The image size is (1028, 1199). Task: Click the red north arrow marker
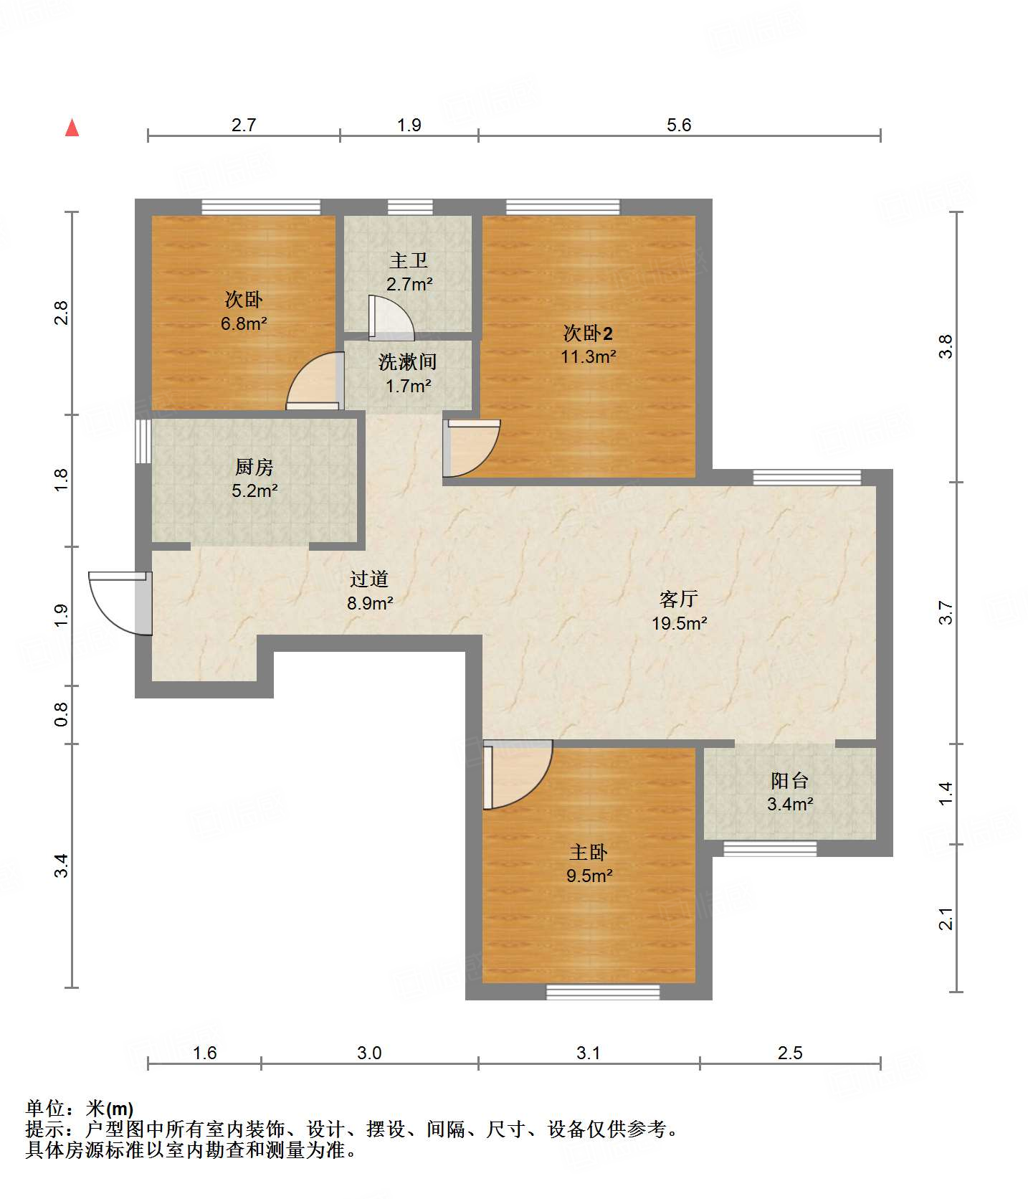pyautogui.click(x=72, y=128)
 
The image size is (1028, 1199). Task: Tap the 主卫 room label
pyautogui.click(x=409, y=260)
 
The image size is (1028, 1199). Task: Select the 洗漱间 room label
pyautogui.click(x=407, y=362)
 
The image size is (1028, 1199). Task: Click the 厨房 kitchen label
pyautogui.click(x=254, y=467)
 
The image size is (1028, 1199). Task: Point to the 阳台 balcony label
pyautogui.click(x=789, y=780)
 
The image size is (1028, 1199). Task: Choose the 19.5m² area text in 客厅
pyautogui.click(x=679, y=623)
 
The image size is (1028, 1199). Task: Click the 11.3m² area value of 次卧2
pyautogui.click(x=588, y=356)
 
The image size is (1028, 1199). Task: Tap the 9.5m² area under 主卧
pyautogui.click(x=589, y=876)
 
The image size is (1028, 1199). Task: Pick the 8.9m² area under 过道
pyautogui.click(x=369, y=603)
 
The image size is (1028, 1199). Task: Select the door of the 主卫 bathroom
pyautogui.click(x=391, y=318)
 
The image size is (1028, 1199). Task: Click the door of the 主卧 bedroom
pyautogui.click(x=517, y=774)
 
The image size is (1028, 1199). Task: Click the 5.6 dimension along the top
pyautogui.click(x=679, y=125)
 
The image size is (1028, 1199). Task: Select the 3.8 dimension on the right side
pyautogui.click(x=946, y=347)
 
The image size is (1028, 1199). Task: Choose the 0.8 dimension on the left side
pyautogui.click(x=62, y=714)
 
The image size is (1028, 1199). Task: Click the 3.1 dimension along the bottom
pyautogui.click(x=589, y=1053)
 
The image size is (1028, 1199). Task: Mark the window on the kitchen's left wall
pyautogui.click(x=143, y=441)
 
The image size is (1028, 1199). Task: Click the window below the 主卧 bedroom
pyautogui.click(x=603, y=992)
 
